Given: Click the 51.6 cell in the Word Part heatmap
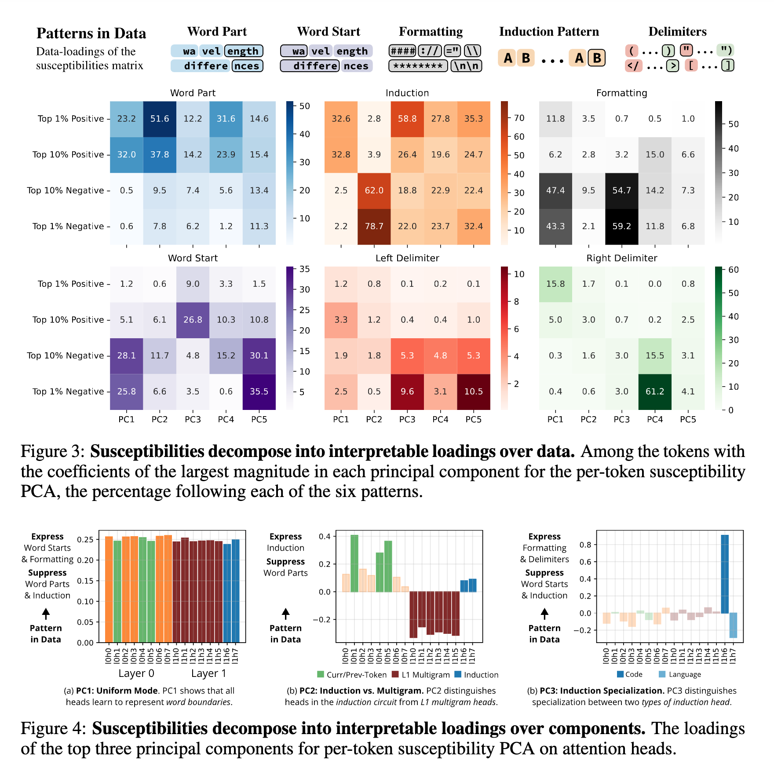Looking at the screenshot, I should [x=160, y=119].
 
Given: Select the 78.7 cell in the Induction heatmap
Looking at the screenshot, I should [x=374, y=226].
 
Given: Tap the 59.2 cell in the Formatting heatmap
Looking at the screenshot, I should [x=622, y=226].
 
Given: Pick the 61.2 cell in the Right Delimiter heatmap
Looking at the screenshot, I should [x=655, y=391].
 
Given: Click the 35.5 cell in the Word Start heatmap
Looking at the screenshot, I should [x=259, y=391].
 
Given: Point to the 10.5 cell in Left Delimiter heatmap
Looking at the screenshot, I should [x=474, y=391].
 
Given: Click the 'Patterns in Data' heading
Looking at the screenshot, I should [x=91, y=33].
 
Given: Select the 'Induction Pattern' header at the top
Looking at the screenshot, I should [x=549, y=32].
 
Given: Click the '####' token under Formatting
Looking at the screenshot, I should [x=403, y=51].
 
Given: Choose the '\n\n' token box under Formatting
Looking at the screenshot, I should [x=467, y=66].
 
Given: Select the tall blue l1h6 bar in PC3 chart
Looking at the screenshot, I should [x=725, y=574].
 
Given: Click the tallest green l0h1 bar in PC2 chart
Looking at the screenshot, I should [x=354, y=563].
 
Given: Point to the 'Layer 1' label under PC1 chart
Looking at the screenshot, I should [x=208, y=673].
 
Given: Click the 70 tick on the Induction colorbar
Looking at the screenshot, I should [x=519, y=118].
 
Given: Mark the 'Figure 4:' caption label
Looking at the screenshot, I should [x=53, y=728].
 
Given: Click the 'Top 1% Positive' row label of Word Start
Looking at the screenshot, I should [x=71, y=284].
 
